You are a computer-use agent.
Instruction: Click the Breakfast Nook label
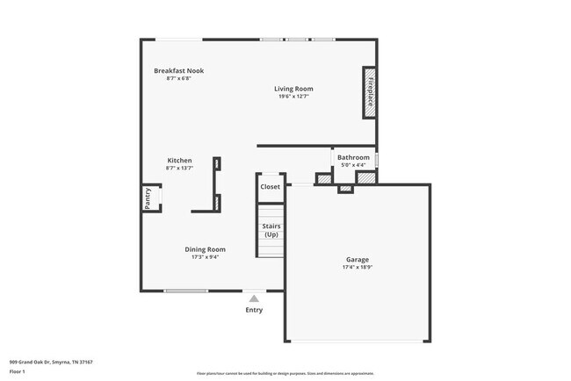tap(178, 70)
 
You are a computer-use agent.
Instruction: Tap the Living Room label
tap(293, 89)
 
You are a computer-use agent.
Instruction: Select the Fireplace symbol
tap(371, 92)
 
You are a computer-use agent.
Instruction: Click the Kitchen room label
tap(179, 161)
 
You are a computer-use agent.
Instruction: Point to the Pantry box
tap(148, 199)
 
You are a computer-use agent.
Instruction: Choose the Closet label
tap(270, 187)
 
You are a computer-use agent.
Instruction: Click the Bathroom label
tap(353, 158)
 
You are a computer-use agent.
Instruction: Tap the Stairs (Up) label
tap(271, 230)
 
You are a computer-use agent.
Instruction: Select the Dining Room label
tap(205, 249)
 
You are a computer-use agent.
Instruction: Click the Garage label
tap(357, 259)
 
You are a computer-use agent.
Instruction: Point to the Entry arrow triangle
tap(254, 298)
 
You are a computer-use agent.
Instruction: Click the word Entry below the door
tap(254, 310)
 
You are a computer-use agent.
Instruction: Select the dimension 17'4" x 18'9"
tap(357, 267)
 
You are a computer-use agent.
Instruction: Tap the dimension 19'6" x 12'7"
tap(293, 97)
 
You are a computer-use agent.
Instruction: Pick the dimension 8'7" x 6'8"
tap(178, 78)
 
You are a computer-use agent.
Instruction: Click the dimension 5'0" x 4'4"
tap(353, 166)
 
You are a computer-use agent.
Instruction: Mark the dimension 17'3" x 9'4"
tap(205, 257)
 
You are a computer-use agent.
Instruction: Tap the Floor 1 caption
tap(18, 372)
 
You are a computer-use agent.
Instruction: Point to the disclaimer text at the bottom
tap(285, 373)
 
